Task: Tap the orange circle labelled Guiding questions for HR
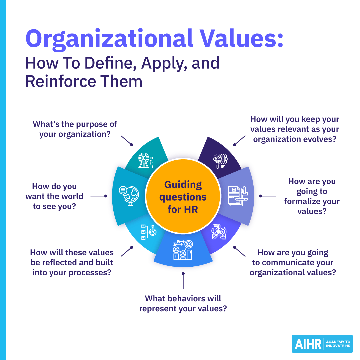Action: pos(183,197)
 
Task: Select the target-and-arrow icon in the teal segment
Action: pos(146,160)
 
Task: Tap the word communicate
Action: pos(291,262)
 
